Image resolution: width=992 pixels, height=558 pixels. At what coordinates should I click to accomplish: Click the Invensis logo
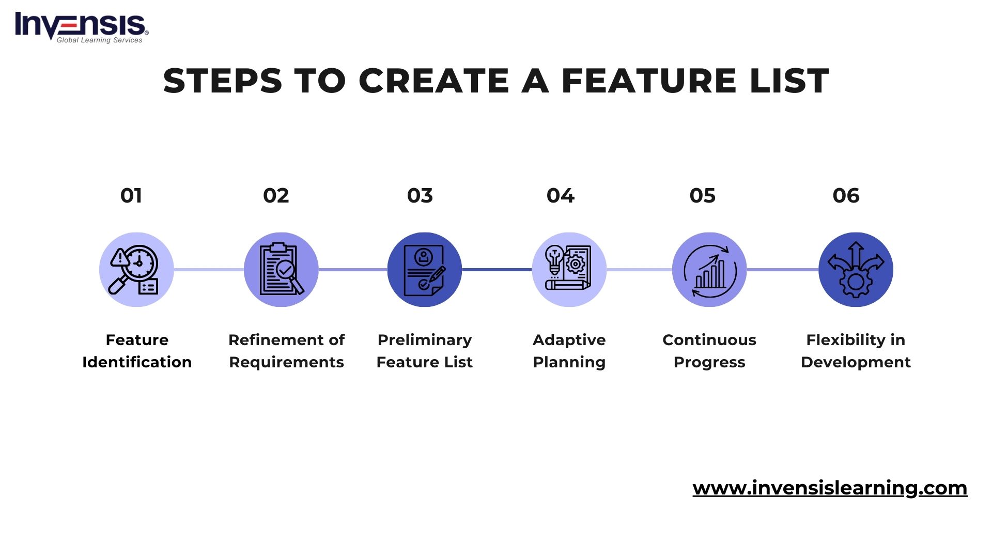click(x=82, y=27)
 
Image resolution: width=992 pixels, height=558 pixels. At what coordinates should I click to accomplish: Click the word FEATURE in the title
click(x=648, y=81)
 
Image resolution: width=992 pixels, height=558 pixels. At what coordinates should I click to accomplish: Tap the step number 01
click(x=131, y=196)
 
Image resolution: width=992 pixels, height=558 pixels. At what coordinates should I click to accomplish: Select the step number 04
click(x=561, y=196)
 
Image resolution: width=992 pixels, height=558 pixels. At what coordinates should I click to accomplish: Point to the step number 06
click(x=846, y=196)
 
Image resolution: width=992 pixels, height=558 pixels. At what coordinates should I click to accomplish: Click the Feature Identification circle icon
click(x=136, y=270)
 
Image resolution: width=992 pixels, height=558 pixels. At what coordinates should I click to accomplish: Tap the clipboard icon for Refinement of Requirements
click(x=281, y=270)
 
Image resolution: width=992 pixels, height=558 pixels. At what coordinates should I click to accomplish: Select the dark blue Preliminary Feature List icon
click(x=425, y=270)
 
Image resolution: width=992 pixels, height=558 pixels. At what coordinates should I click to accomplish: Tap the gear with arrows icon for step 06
click(x=856, y=270)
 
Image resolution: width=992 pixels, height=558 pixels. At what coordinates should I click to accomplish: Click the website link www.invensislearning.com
click(x=830, y=488)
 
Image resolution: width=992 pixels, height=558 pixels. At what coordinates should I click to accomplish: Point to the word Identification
click(x=137, y=362)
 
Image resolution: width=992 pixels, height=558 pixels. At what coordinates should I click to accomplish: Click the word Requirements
click(x=286, y=362)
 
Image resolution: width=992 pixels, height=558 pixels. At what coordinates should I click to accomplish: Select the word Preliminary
click(x=425, y=340)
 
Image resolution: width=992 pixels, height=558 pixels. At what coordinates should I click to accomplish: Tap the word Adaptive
click(x=569, y=340)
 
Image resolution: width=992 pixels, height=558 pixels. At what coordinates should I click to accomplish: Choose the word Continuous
click(x=709, y=340)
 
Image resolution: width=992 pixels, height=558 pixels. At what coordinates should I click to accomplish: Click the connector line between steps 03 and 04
click(x=497, y=270)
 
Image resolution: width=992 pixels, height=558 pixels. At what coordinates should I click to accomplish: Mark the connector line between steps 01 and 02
click(x=209, y=270)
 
